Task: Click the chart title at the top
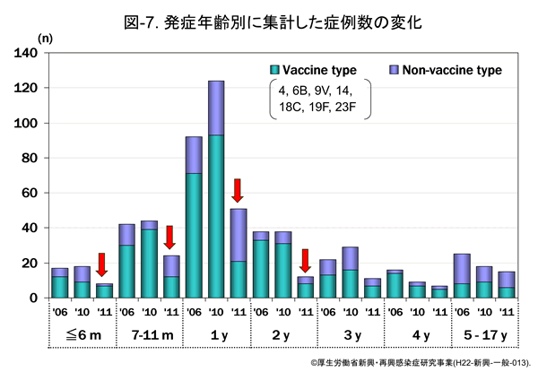[268, 19]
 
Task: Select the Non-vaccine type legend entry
[445, 70]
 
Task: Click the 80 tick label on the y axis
[28, 159]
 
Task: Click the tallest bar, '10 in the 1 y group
[215, 188]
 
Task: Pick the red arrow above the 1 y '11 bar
[238, 189]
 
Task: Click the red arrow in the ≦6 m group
[103, 264]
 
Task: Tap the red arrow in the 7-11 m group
[170, 237]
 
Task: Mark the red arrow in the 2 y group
[306, 260]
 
